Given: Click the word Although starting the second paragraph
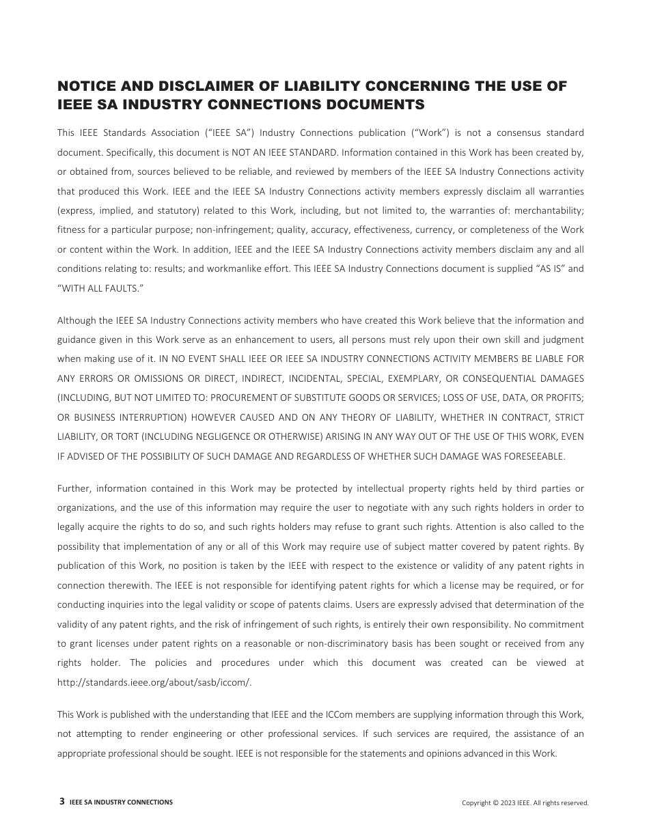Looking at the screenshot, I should (77, 320).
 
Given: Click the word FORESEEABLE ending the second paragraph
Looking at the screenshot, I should (536, 456).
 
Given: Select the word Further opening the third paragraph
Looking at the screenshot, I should (74, 488).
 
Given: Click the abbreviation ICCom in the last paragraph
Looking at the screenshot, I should (333, 714).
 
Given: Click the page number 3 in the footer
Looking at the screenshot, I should (62, 802).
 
